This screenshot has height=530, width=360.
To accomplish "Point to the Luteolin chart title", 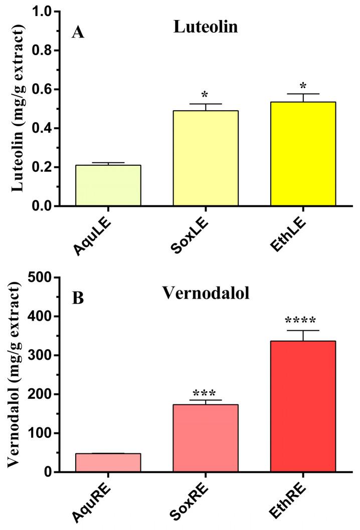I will tap(205, 28).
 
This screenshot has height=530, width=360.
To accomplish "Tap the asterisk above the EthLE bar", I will tap(303, 85).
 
